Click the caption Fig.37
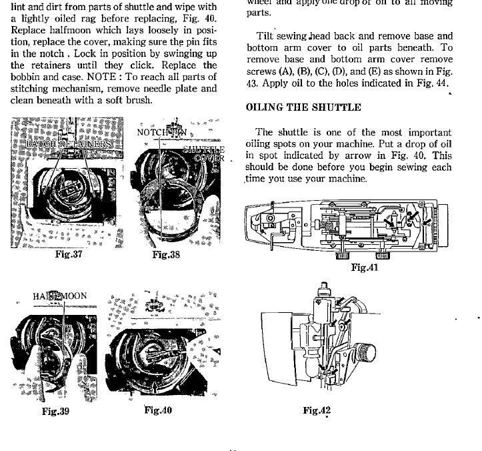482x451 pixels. tap(69, 254)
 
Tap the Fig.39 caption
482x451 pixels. tap(55, 411)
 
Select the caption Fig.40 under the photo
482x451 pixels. tap(158, 410)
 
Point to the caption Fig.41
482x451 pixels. tap(365, 268)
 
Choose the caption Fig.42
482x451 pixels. tap(317, 410)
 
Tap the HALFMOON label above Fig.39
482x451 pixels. tap(59, 296)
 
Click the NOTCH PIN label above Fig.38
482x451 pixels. tap(161, 132)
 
